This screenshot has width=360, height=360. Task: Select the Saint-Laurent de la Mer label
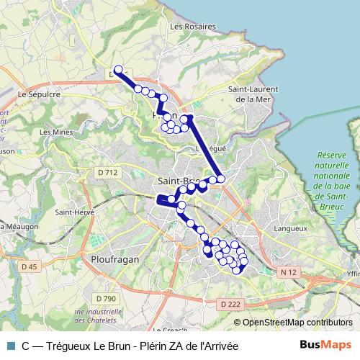[253, 94]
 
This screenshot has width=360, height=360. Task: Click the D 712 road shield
[107, 173]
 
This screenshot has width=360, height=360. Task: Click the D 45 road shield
[29, 268]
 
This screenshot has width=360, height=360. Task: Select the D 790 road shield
[105, 298]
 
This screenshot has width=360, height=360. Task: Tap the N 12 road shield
[289, 272]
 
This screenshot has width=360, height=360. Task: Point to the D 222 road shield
[230, 305]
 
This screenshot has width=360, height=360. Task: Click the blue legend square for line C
[10, 346]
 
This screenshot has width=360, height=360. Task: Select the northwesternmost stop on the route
[120, 71]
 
